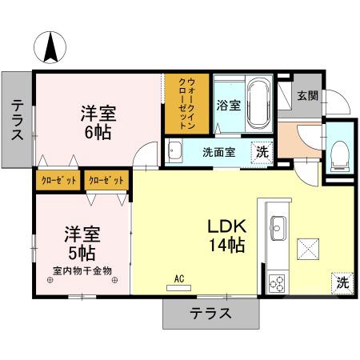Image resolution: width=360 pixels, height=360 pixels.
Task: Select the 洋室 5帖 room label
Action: coord(81,244)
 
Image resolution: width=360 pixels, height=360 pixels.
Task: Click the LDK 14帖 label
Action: coord(226,236)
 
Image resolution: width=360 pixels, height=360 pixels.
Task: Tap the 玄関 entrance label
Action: coord(307,96)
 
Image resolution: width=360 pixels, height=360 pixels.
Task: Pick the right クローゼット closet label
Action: coord(106,181)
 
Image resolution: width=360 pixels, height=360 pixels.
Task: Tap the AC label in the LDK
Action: coord(179,278)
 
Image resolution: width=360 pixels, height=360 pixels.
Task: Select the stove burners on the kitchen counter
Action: coord(278,282)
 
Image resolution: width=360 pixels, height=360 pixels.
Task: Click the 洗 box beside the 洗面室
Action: coord(261,151)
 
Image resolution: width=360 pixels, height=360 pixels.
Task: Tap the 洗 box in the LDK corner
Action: coord(342,282)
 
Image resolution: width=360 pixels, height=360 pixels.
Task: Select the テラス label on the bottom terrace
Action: coord(210,313)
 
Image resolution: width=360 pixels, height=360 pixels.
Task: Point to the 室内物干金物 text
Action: coord(82,270)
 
